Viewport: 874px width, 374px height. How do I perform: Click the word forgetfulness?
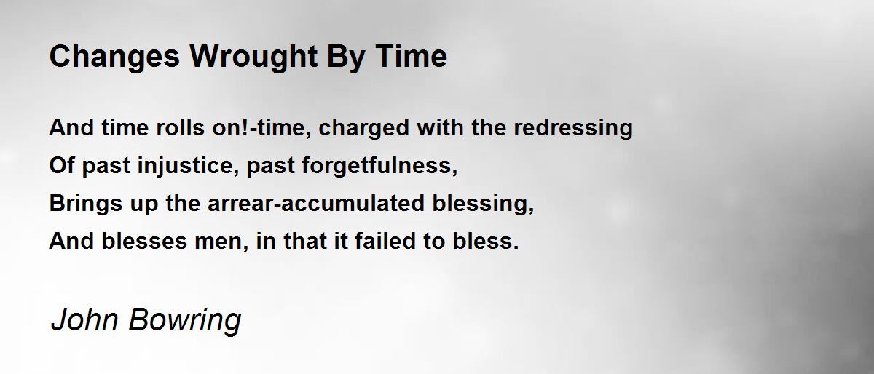(x=387, y=166)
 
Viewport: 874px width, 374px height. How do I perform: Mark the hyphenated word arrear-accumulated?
(x=311, y=204)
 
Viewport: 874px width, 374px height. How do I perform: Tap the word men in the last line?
(x=224, y=241)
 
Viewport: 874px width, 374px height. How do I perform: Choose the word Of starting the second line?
(x=61, y=166)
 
